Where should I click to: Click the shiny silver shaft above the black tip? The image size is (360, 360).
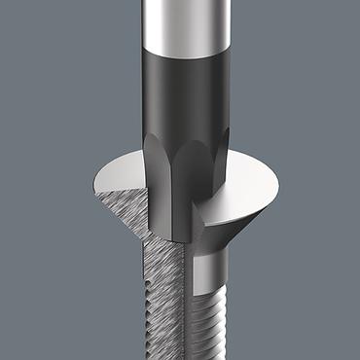coord(180,24)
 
